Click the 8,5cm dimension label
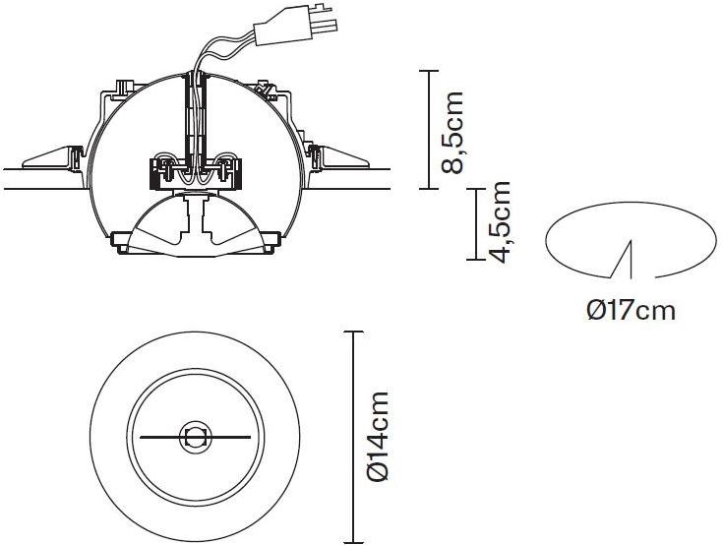tap(452, 133)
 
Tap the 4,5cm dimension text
tap(500, 222)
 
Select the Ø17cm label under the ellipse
tap(632, 310)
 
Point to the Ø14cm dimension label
tap(377, 436)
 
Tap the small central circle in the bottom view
tap(195, 436)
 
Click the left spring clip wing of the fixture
tap(53, 157)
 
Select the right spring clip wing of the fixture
tap(340, 157)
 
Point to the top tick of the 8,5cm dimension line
tap(429, 71)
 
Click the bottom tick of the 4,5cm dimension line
tap(476, 260)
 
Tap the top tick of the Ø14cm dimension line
tap(354, 332)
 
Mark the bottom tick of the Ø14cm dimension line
tap(354, 542)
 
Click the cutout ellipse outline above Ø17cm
tap(631, 202)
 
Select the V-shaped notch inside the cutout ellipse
tap(624, 261)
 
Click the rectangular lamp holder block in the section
tap(195, 174)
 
